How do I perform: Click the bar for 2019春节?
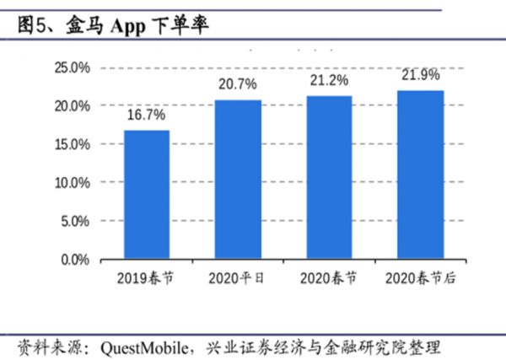[146, 195]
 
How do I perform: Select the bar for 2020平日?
[238, 179]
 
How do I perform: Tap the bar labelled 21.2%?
[329, 177]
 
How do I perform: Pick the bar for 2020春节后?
[420, 175]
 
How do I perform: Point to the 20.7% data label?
[238, 85]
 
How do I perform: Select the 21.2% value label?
[329, 81]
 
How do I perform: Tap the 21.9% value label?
[420, 76]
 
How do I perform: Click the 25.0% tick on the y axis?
[73, 67]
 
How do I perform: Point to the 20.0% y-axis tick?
[73, 106]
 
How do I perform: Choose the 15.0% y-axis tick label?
[73, 144]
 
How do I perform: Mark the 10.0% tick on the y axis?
[73, 182]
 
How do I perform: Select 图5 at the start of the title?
[33, 26]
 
